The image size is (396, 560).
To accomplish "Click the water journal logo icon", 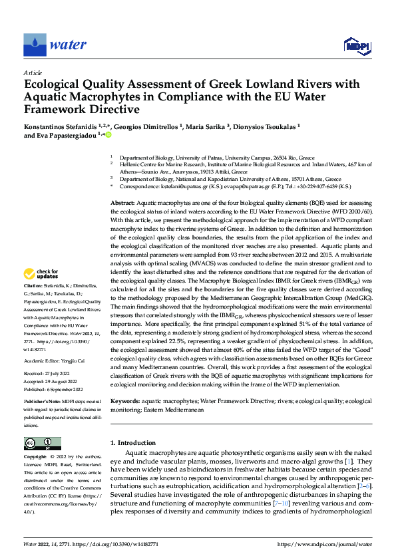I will [x=35, y=45].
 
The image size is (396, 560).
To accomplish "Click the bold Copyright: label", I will [x=37, y=458].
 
